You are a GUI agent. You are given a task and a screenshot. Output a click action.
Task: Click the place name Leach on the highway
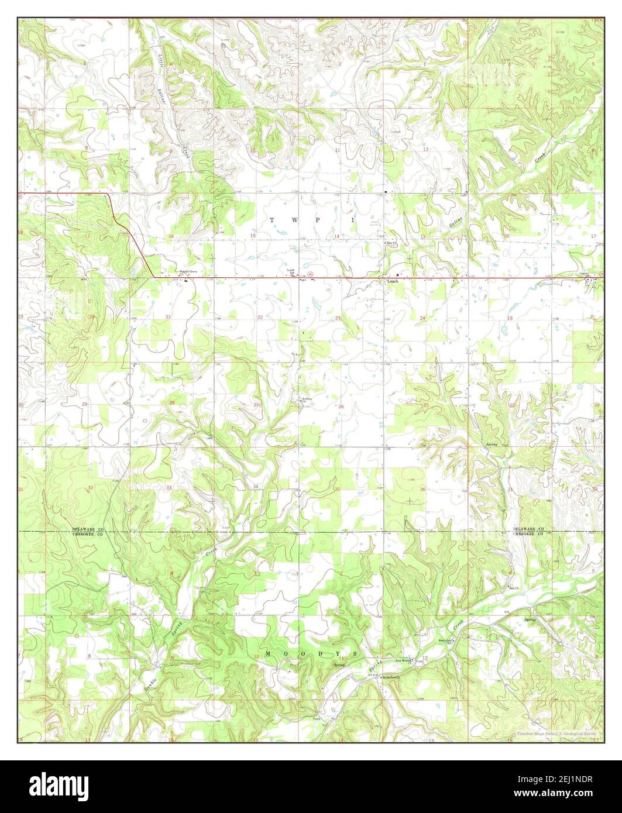(392, 281)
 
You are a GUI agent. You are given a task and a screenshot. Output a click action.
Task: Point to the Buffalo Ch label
(307, 400)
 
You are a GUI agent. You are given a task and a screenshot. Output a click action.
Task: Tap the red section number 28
(171, 403)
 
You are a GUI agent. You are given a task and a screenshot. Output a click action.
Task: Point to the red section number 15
(253, 235)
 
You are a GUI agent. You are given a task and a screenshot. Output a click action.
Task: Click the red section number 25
(426, 405)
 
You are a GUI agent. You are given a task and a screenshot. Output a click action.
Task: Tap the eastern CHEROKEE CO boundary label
(528, 534)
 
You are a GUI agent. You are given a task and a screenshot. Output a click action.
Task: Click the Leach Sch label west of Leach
(290, 271)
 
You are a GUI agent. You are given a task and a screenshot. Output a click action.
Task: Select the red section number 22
(260, 318)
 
